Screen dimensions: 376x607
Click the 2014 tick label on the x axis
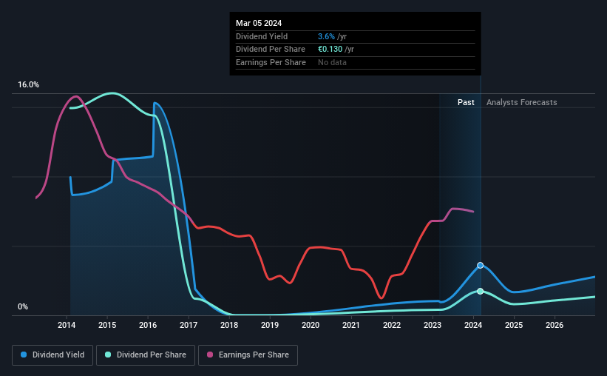[67, 325]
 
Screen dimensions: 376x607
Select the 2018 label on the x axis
[229, 325]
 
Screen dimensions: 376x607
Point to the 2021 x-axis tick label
[351, 325]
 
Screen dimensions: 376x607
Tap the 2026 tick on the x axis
[555, 325]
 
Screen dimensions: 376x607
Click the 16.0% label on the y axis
[29, 85]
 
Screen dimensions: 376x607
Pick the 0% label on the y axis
[23, 307]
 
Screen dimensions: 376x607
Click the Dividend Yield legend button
[52, 355]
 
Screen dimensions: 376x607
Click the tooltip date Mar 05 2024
[259, 24]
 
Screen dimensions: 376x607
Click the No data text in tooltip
[331, 62]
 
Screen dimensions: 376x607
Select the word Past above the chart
[466, 102]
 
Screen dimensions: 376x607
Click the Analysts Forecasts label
[522, 102]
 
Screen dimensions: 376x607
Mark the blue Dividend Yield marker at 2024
[480, 265]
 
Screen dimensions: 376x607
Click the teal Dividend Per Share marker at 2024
[480, 291]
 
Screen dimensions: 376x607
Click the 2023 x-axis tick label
[433, 325]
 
